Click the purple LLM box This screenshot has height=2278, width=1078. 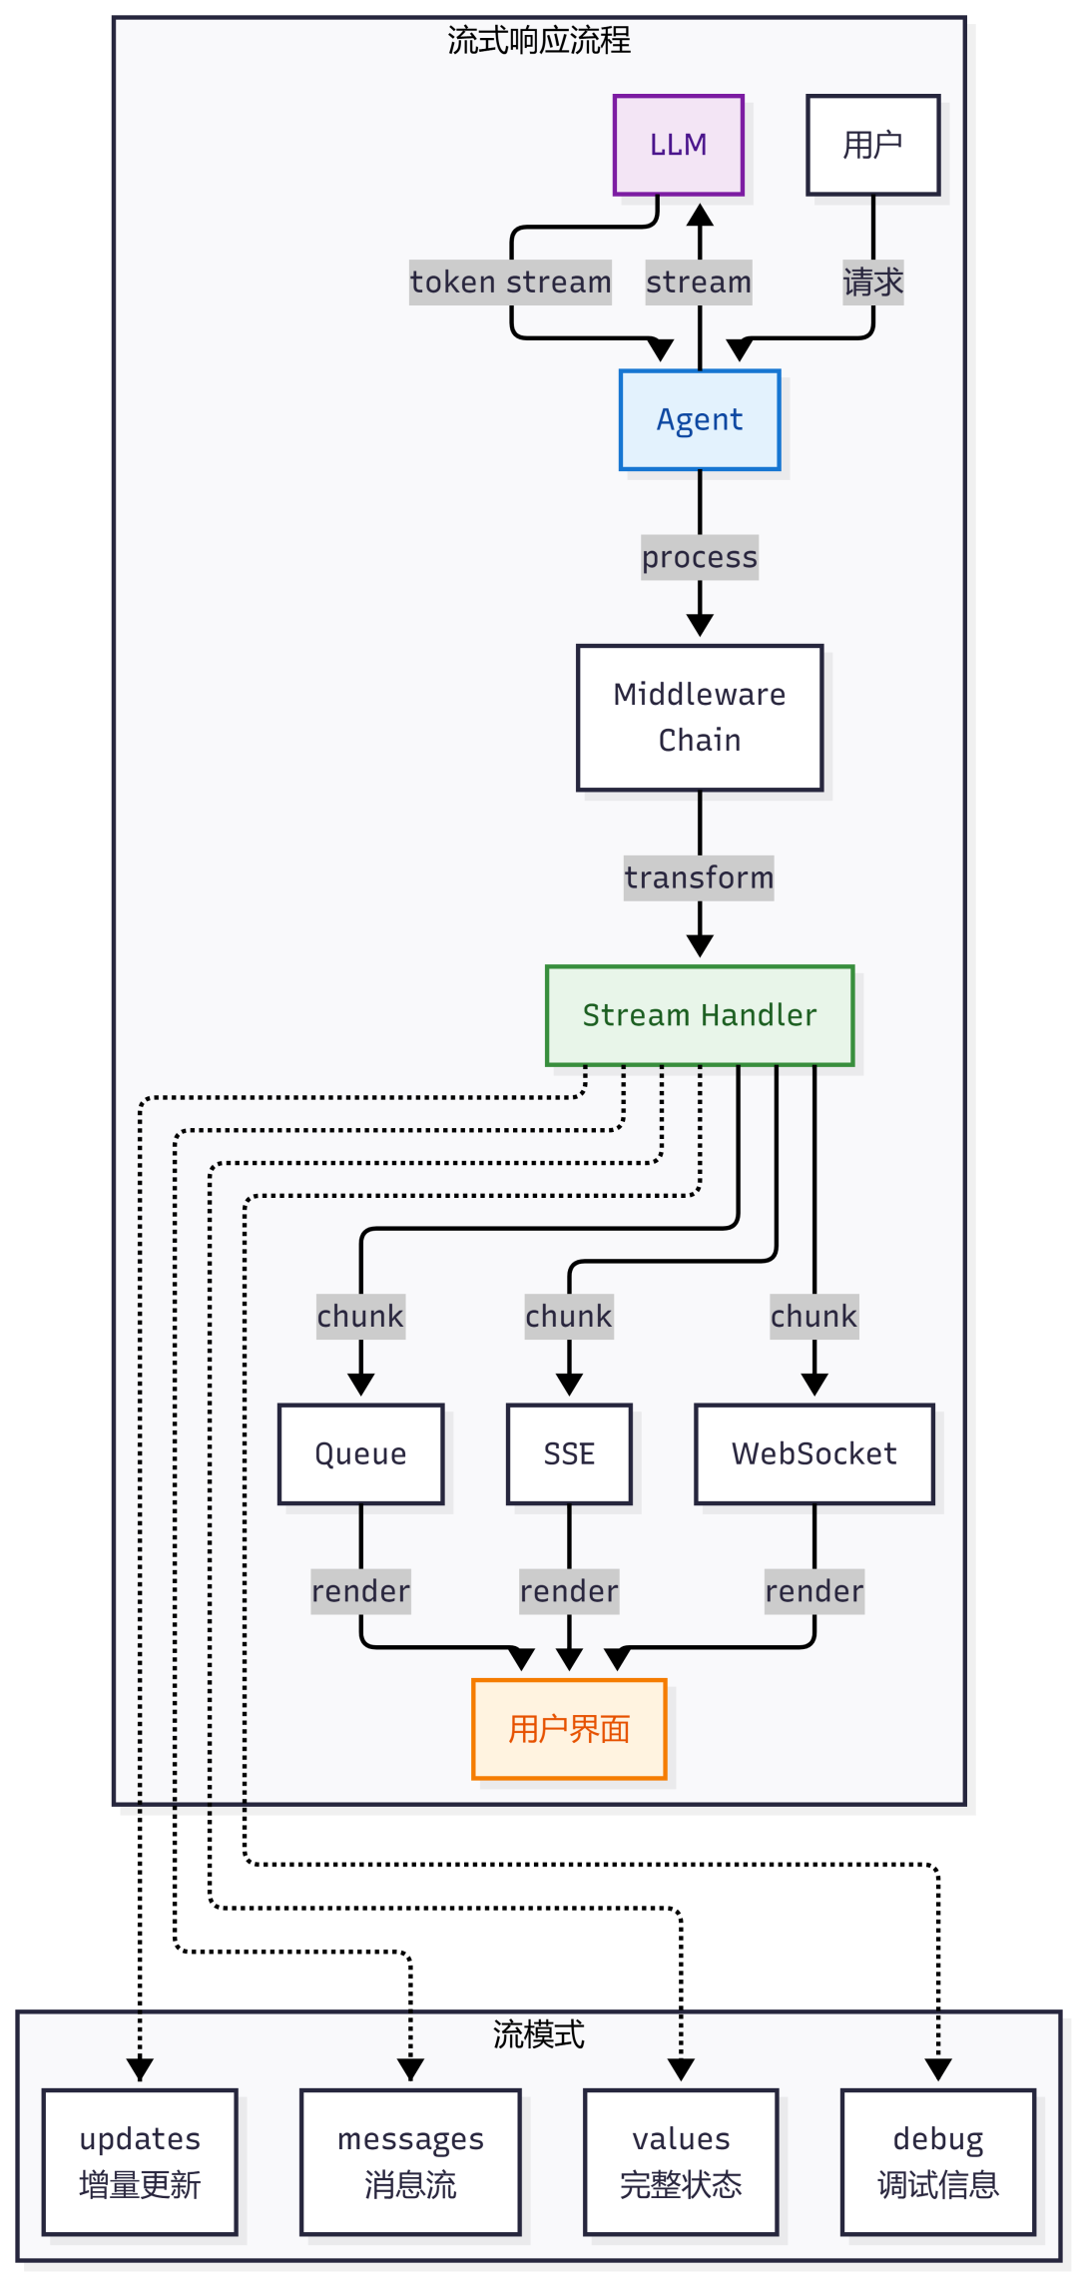coord(679,145)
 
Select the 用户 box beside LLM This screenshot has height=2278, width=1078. coord(873,145)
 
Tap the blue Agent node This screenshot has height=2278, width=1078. coord(700,420)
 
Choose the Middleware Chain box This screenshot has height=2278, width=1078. coord(700,718)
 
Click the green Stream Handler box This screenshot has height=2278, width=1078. coord(700,1015)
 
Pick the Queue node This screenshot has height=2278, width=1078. coord(361,1453)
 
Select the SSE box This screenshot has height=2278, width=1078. coord(569,1453)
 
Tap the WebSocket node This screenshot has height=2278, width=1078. coord(814,1453)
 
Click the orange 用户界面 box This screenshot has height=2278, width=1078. coord(569,1729)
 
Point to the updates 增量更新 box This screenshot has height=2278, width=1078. coord(140,2162)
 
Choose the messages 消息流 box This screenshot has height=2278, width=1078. coord(410,2162)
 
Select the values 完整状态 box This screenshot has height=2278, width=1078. coord(681,2162)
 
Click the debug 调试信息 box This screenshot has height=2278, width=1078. coord(938,2162)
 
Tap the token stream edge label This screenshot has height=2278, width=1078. coord(511,283)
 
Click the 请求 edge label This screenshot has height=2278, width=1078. coord(873,283)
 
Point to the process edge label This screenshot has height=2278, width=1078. coord(700,557)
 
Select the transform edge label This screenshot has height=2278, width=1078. coord(699,877)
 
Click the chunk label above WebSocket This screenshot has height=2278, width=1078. coord(814,1317)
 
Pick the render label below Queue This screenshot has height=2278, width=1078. coord(361,1591)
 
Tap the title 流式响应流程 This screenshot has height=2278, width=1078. coord(539,41)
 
